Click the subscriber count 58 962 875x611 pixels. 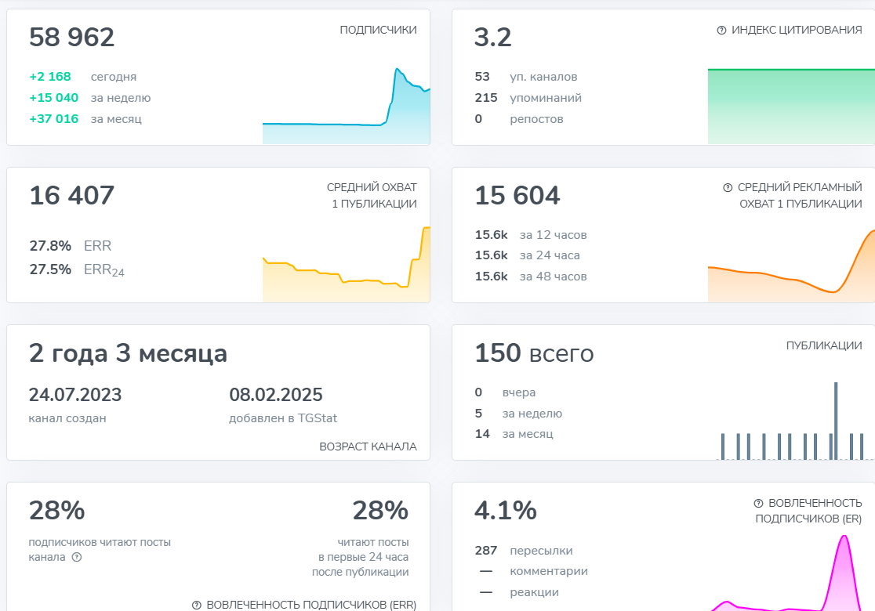[x=71, y=38]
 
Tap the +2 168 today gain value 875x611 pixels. [x=50, y=77]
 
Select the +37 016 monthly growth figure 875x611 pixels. [x=53, y=119]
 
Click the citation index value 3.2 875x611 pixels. [x=492, y=38]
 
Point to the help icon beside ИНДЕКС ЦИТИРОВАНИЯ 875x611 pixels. [x=721, y=30]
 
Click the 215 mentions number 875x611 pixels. [x=486, y=98]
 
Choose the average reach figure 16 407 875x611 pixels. [x=71, y=196]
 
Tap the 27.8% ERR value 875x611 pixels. [x=50, y=246]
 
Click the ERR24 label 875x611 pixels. [x=104, y=270]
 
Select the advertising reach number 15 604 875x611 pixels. [x=517, y=196]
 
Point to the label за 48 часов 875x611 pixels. [x=553, y=277]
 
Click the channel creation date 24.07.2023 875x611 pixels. [x=75, y=395]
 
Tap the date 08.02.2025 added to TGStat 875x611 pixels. [x=276, y=395]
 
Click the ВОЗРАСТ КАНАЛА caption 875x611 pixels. [x=368, y=446]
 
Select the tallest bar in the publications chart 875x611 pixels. [x=836, y=421]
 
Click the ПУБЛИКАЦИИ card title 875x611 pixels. [x=824, y=345]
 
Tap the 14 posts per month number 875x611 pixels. [x=481, y=433]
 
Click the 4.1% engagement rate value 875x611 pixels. [x=505, y=511]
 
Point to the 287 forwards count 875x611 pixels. [x=486, y=551]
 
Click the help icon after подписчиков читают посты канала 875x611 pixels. [x=77, y=557]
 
